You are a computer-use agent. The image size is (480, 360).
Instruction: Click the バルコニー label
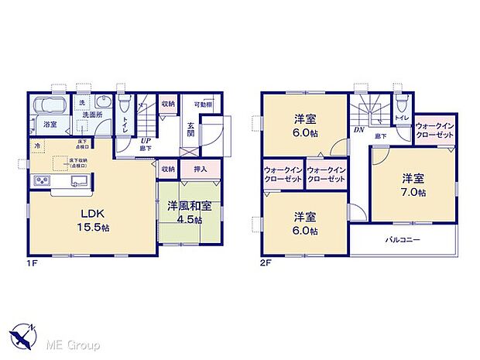(403, 241)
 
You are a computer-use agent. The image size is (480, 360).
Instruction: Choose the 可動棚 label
(203, 105)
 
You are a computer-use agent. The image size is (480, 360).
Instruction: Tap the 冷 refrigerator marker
(36, 146)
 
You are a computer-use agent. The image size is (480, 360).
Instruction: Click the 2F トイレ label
(403, 118)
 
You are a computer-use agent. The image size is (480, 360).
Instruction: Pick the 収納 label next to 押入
(168, 170)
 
